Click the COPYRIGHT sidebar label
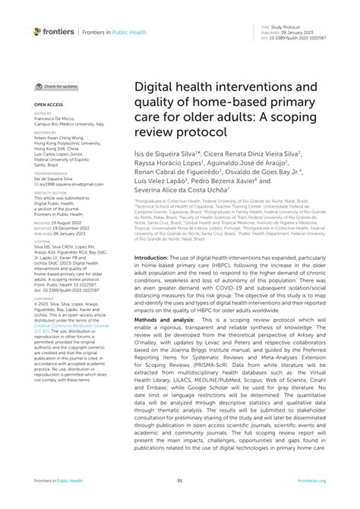[x=44, y=298]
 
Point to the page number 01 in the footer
[x=180, y=501]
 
